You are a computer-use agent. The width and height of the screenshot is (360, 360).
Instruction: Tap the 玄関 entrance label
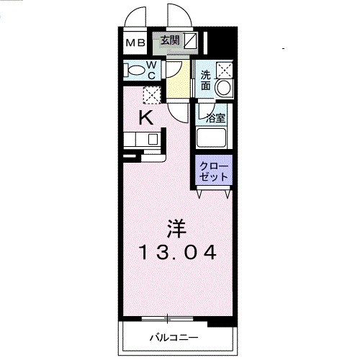pos(170,41)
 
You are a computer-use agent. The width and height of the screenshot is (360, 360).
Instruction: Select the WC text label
pos(153,70)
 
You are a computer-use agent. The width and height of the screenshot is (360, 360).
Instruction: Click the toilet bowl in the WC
pos(135,71)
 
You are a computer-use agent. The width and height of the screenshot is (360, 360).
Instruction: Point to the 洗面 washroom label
pos(206,80)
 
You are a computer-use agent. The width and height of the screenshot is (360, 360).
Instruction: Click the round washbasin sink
pos(224,89)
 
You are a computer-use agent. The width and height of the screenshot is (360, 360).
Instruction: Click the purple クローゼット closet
pos(215,171)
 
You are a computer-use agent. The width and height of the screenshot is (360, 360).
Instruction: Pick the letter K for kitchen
pos(145,118)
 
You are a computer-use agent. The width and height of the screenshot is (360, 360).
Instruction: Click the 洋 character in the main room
pos(177,228)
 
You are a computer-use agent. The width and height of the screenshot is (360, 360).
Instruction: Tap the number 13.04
pos(177,253)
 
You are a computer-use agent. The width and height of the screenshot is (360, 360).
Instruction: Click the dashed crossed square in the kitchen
pos(150,94)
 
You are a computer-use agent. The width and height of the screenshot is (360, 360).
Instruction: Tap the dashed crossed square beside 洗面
pos(225,70)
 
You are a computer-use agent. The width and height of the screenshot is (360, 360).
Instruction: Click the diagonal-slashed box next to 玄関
pos(190,41)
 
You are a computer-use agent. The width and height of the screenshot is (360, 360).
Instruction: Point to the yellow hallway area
pos(180,79)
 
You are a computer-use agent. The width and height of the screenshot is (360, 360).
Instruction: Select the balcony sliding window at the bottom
pos(167,318)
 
